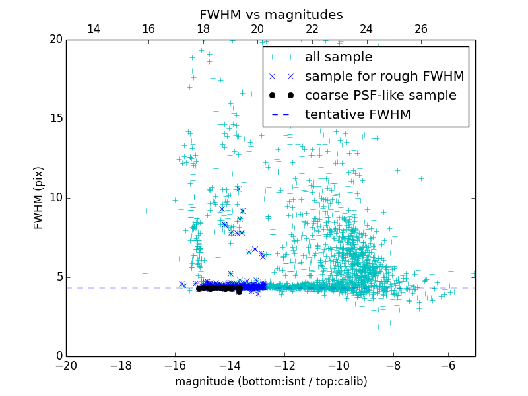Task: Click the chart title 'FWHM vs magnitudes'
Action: (271, 15)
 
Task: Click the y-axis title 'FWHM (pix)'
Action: (39, 197)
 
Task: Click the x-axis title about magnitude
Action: (271, 381)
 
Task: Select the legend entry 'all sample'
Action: (338, 57)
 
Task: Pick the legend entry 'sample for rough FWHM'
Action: (384, 77)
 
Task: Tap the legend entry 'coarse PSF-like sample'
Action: (380, 96)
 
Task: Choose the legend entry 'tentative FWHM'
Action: (358, 115)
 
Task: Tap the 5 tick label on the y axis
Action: (58, 277)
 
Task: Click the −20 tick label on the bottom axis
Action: (66, 365)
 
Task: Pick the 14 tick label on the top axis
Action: (94, 29)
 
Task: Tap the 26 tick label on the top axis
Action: (421, 29)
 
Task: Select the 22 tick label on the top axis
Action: (312, 29)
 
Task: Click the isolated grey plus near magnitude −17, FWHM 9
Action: (146, 211)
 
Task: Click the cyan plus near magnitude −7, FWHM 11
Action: (420, 178)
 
